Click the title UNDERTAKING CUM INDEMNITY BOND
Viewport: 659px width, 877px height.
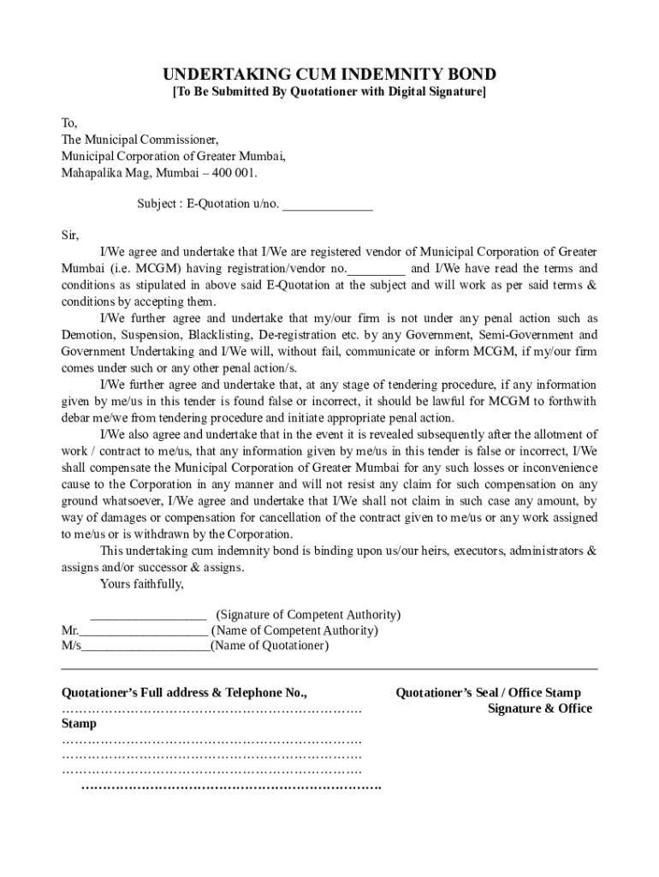coord(329,75)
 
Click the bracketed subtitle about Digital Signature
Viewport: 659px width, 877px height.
coord(329,92)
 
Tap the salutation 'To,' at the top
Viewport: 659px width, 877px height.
coord(69,123)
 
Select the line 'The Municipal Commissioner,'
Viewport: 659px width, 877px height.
coord(140,140)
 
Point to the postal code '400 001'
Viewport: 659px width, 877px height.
coord(235,172)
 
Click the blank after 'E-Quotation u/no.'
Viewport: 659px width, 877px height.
coord(328,206)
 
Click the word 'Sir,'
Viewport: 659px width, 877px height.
coord(70,236)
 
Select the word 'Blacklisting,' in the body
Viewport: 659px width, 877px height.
coord(218,335)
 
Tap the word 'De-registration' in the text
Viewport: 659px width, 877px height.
coord(296,335)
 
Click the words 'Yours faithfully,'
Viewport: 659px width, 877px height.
coord(142,585)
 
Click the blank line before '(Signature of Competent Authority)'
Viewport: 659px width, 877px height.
coord(148,615)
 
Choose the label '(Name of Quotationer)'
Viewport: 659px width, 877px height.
coord(270,646)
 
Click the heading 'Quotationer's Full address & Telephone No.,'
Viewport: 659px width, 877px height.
coord(184,693)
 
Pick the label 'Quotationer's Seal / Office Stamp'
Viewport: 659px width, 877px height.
coord(488,693)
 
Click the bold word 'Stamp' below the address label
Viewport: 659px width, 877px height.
coord(80,724)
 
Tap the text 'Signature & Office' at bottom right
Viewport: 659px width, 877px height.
coord(539,708)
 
